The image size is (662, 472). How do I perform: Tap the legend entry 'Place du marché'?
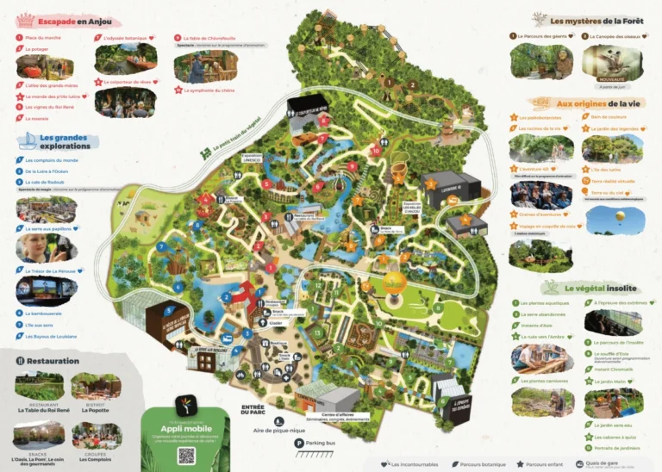42,38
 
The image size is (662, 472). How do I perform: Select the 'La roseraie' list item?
37,119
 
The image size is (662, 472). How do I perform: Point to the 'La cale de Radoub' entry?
45,183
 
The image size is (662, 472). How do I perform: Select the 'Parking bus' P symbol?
298,444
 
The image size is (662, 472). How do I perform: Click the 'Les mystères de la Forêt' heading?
596,20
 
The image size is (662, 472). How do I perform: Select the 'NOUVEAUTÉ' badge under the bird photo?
611,80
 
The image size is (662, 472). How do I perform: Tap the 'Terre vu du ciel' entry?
609,194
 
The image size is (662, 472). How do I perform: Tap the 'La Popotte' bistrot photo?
96,387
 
